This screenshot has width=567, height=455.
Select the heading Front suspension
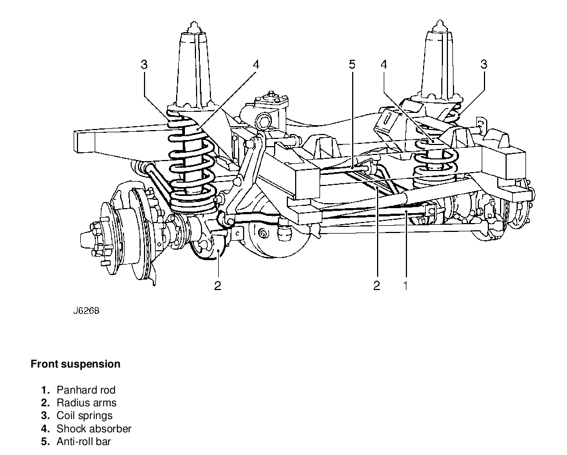point(75,364)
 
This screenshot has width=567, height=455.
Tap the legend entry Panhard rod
point(86,390)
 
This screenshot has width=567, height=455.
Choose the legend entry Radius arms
point(86,403)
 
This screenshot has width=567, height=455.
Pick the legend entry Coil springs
point(84,416)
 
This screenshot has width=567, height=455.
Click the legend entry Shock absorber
point(94,428)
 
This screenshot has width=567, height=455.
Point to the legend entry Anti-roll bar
point(84,441)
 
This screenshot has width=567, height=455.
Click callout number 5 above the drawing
point(352,65)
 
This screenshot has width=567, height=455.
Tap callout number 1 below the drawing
point(405,286)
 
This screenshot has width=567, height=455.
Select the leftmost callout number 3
point(144,65)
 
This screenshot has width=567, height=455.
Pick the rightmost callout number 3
point(483,65)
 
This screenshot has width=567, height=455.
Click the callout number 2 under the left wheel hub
point(218,286)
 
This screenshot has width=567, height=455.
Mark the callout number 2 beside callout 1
point(377,286)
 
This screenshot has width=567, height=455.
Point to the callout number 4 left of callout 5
point(255,65)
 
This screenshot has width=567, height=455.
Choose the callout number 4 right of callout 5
point(383,65)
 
